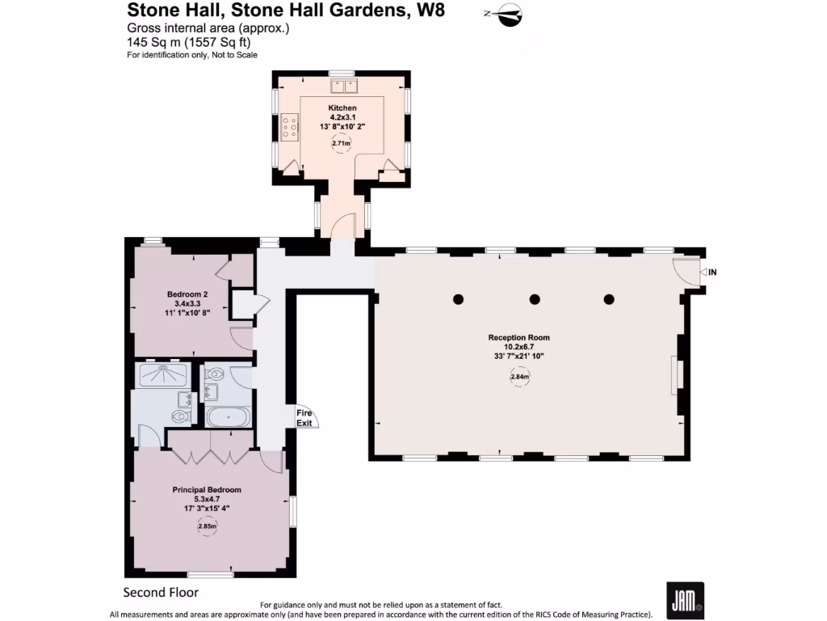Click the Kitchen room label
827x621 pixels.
click(342, 108)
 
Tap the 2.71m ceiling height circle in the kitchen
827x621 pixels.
click(342, 143)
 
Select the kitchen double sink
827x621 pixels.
click(342, 85)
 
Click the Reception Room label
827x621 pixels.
click(518, 337)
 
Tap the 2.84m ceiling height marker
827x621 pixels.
click(519, 377)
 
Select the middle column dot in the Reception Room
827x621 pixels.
click(534, 299)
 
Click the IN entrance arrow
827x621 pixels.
click(707, 272)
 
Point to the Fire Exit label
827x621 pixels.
click(304, 417)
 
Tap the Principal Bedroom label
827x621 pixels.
click(207, 489)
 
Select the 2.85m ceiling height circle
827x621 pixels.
click(207, 527)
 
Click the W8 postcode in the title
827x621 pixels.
click(429, 11)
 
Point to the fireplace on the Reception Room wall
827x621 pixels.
click(677, 374)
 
